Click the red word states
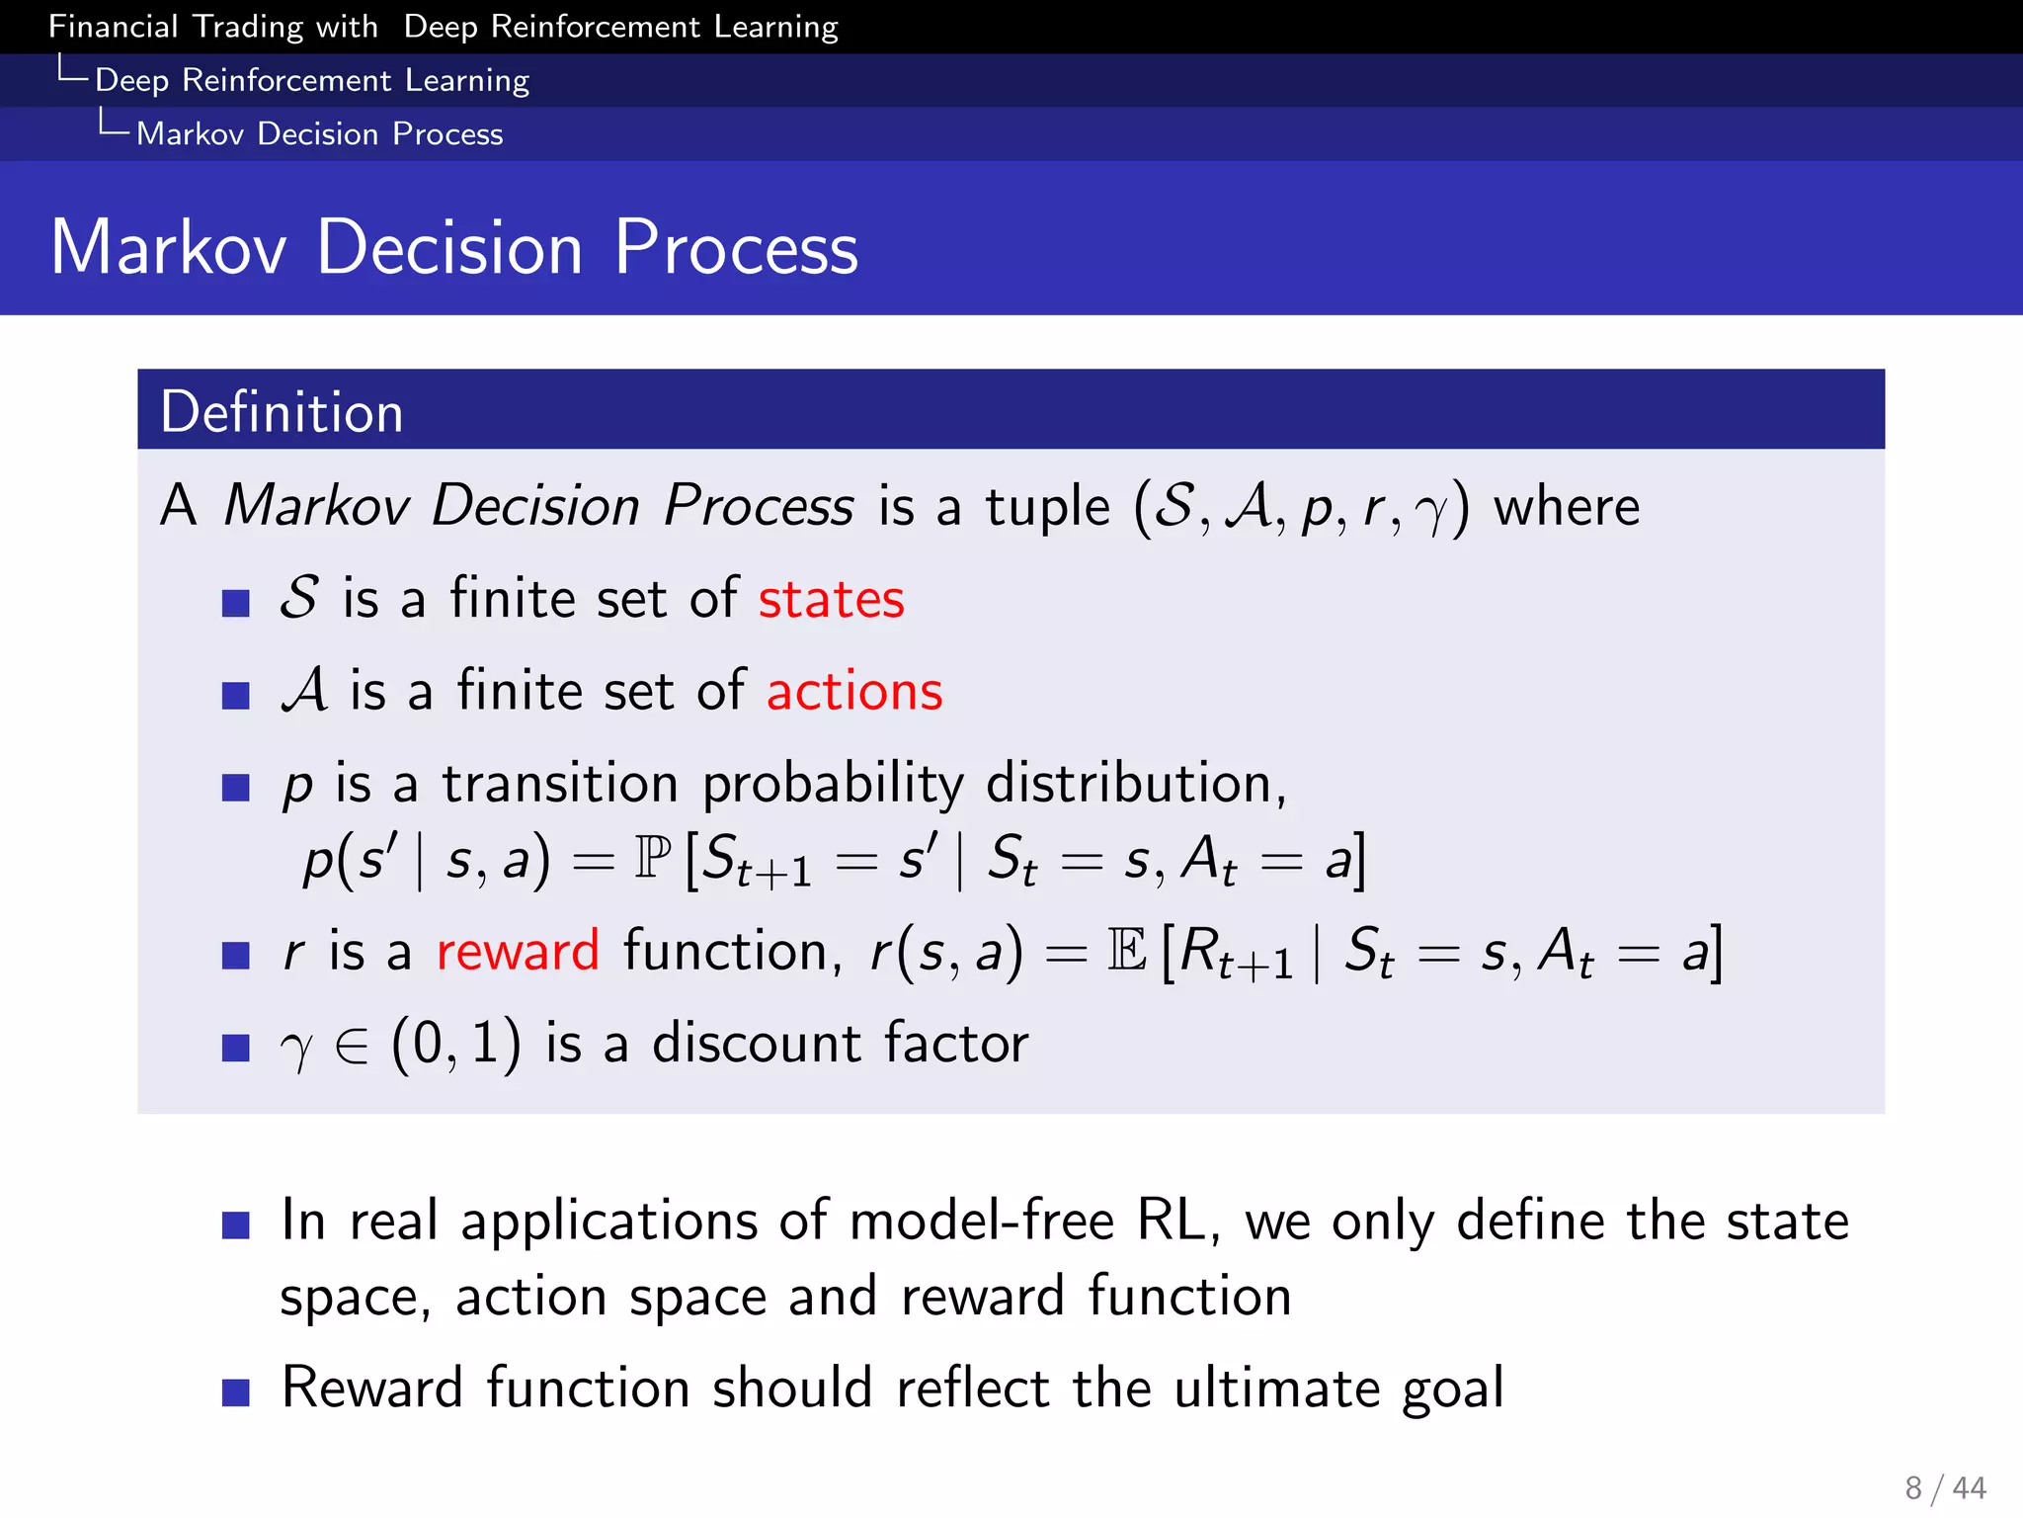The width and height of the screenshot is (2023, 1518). (831, 600)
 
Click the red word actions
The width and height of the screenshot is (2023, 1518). (854, 691)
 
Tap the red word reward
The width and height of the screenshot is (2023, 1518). (518, 952)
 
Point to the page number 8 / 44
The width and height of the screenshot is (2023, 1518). (1944, 1487)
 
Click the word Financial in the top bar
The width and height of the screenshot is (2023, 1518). (113, 27)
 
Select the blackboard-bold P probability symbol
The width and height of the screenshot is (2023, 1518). (652, 857)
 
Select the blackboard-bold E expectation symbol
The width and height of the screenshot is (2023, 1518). (1127, 951)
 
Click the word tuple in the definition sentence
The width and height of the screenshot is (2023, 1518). (1047, 507)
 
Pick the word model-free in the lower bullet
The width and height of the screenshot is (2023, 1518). (981, 1221)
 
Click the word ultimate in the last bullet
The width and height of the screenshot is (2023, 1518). (1276, 1388)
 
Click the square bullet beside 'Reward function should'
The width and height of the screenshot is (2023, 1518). (235, 1392)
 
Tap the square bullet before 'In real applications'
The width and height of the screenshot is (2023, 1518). (235, 1225)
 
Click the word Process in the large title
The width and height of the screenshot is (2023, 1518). (736, 247)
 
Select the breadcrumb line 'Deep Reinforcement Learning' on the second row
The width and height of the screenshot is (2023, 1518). (312, 80)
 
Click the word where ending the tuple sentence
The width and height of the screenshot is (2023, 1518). (1566, 507)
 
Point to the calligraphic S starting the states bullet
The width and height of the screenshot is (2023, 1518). (298, 598)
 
